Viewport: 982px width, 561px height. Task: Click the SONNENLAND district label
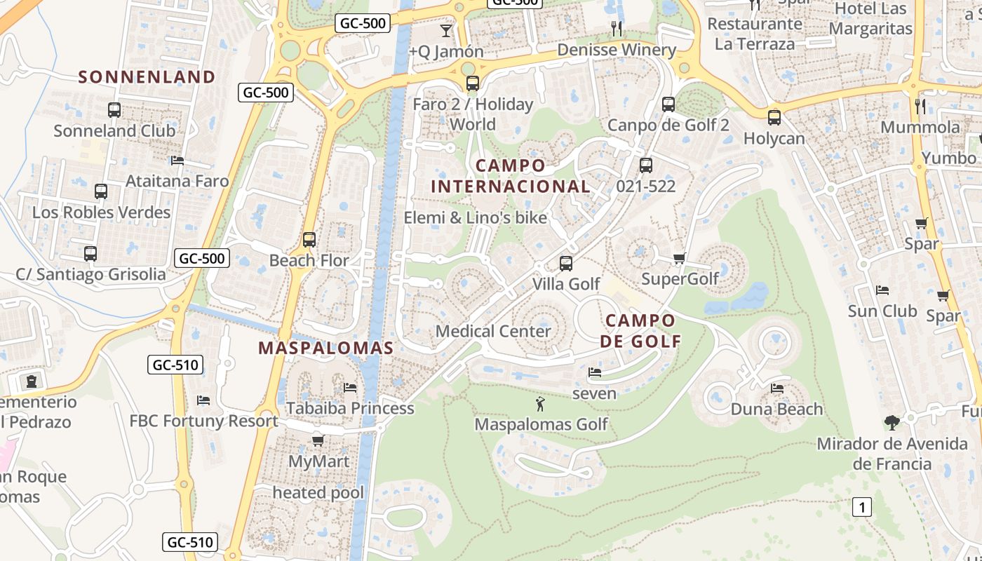147,76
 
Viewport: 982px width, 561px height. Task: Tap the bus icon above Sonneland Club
114,110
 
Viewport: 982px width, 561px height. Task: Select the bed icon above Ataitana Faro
177,161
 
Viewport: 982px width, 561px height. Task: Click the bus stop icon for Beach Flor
309,240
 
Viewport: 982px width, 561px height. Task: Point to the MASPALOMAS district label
325,348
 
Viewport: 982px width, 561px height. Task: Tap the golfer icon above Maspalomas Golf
540,404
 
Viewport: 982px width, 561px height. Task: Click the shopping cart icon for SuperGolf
679,259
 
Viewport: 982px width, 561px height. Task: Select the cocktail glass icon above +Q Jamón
446,30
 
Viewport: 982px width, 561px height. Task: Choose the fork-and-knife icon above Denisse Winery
617,29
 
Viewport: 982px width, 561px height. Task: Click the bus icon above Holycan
774,118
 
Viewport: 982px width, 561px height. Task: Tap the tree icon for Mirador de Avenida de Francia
892,423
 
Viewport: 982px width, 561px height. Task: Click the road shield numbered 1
862,507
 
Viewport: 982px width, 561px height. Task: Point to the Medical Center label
493,331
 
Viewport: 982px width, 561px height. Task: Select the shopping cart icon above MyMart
318,440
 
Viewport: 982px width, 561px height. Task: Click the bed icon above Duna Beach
776,388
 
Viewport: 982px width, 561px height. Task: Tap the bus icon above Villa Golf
566,264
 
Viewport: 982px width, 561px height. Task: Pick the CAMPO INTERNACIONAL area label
510,176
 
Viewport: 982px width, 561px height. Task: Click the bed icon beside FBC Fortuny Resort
203,400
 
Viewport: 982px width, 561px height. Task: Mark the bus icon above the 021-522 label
646,165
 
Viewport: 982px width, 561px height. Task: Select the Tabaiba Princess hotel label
350,408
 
